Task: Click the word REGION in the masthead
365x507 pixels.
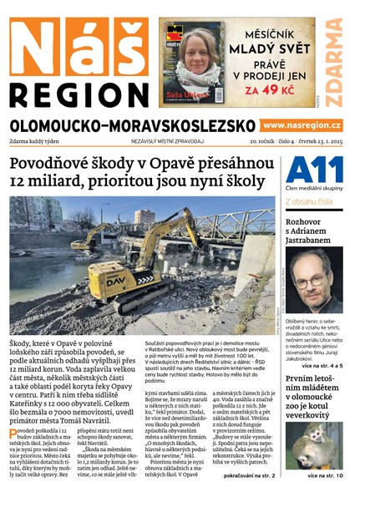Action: click(x=80, y=93)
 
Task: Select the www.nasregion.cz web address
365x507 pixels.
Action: click(x=302, y=125)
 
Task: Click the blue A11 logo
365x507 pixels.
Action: click(x=314, y=170)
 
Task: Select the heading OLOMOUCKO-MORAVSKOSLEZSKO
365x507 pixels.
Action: click(x=132, y=125)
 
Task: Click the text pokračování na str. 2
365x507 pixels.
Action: click(x=244, y=475)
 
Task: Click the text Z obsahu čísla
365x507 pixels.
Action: click(x=310, y=201)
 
